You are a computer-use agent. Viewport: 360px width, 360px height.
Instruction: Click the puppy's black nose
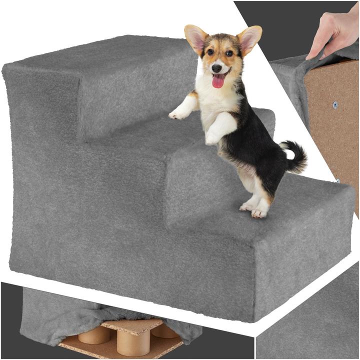[x=217, y=68]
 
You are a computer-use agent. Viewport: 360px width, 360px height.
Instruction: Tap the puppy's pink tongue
[x=218, y=81]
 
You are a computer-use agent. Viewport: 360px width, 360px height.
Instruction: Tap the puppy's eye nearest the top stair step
[x=210, y=52]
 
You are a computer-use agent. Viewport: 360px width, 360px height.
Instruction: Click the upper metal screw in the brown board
[x=334, y=105]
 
